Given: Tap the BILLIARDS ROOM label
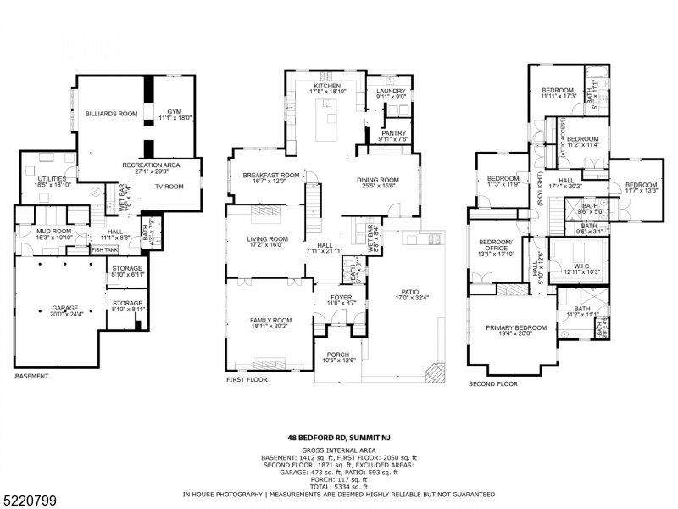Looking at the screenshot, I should (x=110, y=113).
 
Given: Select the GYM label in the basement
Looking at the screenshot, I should (x=174, y=111).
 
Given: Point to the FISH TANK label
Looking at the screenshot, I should (x=105, y=249).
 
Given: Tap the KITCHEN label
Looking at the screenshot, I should (x=326, y=86).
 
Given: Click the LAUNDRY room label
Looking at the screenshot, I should (x=391, y=91).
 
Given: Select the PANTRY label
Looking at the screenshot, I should (x=393, y=133).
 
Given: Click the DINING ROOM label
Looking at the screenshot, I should (x=377, y=180).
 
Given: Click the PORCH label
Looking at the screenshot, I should (x=338, y=355).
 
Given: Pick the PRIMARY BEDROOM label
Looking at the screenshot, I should (x=515, y=327).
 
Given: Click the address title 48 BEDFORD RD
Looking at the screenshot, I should (x=339, y=438).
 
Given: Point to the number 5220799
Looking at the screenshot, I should (x=30, y=501).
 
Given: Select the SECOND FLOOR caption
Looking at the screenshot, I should (x=493, y=384).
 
